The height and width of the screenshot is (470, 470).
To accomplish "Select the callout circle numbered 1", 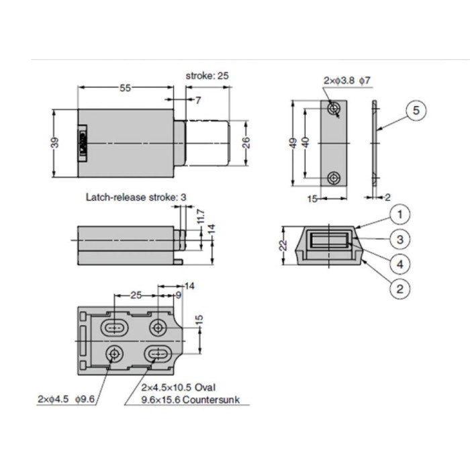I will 399,215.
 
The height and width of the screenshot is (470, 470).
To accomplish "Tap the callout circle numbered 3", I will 399,239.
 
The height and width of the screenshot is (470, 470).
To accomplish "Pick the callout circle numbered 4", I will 399,264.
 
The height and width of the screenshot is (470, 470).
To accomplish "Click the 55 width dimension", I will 125,88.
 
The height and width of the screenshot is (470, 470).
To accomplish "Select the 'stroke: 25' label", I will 207,76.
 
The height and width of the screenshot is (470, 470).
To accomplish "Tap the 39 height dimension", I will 55,142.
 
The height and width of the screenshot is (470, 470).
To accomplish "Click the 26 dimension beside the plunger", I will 246,142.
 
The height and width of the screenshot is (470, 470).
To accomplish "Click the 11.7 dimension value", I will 201,216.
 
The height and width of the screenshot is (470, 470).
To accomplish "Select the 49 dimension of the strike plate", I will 293,144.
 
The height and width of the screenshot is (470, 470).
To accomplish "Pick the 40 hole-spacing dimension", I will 307,144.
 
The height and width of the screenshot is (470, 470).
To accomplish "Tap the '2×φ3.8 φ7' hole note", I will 346,81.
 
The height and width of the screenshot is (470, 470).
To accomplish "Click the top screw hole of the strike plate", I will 334,109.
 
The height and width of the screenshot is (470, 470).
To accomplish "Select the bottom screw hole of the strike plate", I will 334,178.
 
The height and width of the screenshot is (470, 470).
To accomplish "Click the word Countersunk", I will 212,399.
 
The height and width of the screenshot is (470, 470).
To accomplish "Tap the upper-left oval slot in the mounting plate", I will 115,328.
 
